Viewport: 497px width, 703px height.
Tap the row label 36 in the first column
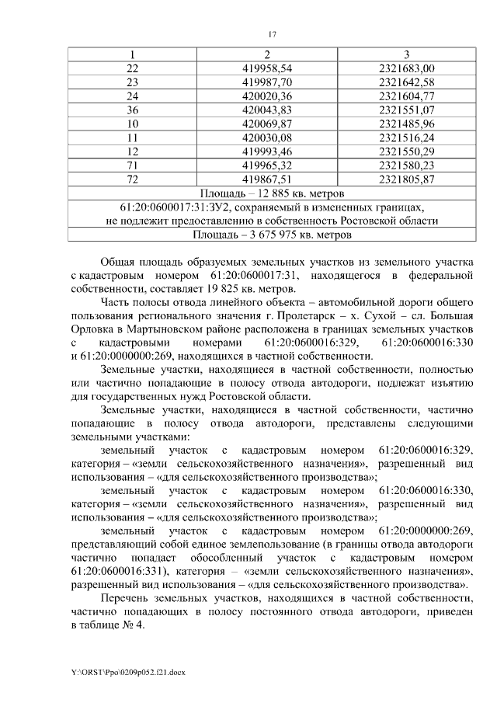132,110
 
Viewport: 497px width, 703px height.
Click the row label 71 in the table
132,165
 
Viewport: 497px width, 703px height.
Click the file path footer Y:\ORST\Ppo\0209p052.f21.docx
123,670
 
